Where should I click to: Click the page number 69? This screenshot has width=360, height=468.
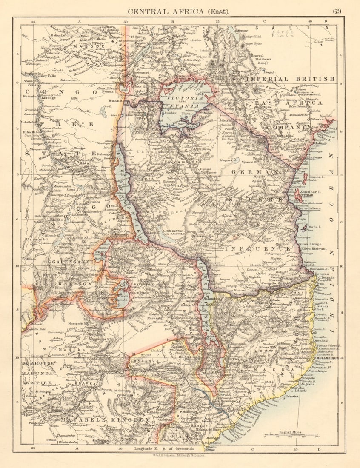click(337, 11)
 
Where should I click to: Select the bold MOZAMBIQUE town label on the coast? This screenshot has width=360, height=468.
click(327, 359)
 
